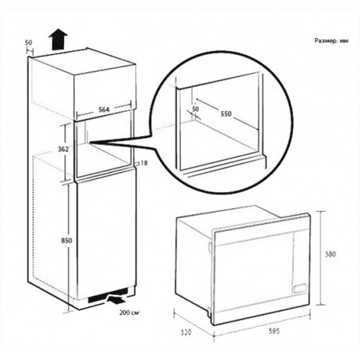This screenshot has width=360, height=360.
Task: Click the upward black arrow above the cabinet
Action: click(x=58, y=40)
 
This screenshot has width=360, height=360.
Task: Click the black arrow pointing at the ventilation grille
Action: click(x=117, y=300)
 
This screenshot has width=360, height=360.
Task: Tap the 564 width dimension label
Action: click(x=104, y=109)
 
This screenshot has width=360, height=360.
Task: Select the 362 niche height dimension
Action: click(x=63, y=149)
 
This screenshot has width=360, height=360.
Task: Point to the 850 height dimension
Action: click(x=66, y=240)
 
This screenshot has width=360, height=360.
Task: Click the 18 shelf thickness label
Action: click(x=144, y=163)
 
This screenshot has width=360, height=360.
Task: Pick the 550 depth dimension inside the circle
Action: click(x=226, y=114)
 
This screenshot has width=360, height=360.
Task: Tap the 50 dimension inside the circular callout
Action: click(x=195, y=109)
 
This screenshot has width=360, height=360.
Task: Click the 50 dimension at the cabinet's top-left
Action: click(x=28, y=42)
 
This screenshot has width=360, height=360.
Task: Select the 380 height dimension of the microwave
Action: click(x=330, y=254)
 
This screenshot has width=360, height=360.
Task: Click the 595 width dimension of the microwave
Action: click(x=274, y=331)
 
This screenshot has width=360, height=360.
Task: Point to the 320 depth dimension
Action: click(x=186, y=333)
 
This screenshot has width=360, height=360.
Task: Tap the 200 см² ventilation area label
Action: click(x=130, y=312)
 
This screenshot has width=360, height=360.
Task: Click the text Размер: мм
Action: click(x=331, y=41)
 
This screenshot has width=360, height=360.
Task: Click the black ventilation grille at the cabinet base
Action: click(x=107, y=296)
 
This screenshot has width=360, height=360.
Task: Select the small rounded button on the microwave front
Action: click(x=300, y=288)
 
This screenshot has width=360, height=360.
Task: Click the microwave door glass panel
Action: click(x=254, y=276)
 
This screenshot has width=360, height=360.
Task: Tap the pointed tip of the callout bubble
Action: click(x=90, y=143)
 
